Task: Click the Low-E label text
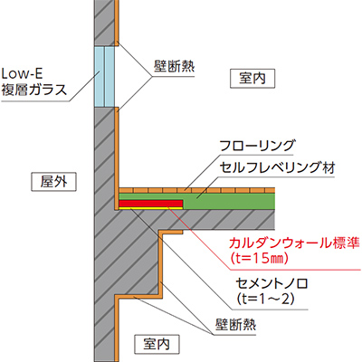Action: click(23, 74)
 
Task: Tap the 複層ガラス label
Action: click(34, 90)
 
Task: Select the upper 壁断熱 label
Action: click(174, 66)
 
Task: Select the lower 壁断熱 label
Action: click(235, 325)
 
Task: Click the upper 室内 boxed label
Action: click(252, 79)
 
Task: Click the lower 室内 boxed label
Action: click(157, 344)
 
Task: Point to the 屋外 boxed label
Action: click(54, 182)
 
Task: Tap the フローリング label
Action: click(257, 146)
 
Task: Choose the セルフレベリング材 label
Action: click(278, 167)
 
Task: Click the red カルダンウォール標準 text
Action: click(294, 243)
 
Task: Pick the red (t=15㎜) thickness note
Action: click(258, 258)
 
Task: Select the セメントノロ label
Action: click(271, 284)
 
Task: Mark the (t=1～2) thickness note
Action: click(264, 300)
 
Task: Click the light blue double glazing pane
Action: click(105, 77)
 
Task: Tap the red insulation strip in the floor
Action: click(151, 204)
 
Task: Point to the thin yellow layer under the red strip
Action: click(151, 208)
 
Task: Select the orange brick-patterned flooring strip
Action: click(197, 190)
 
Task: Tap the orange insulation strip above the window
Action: click(117, 21)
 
